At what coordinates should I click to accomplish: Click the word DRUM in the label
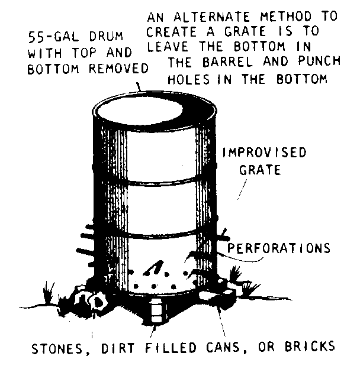click(106, 37)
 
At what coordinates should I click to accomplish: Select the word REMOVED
click(118, 69)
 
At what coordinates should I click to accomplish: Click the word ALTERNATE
click(211, 17)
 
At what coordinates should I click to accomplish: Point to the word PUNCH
click(319, 61)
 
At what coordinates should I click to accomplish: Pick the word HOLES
click(188, 79)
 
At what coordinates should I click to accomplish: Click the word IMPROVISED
click(264, 152)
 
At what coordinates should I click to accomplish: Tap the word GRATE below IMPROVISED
click(260, 170)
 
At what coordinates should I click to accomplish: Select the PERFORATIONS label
click(279, 248)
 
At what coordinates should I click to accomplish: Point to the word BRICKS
click(310, 346)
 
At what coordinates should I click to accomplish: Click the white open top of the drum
click(140, 111)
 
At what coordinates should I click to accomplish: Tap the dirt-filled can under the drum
click(156, 310)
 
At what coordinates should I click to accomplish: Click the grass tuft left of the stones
click(49, 293)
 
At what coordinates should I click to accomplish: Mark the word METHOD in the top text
click(286, 16)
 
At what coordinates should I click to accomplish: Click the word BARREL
click(227, 62)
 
